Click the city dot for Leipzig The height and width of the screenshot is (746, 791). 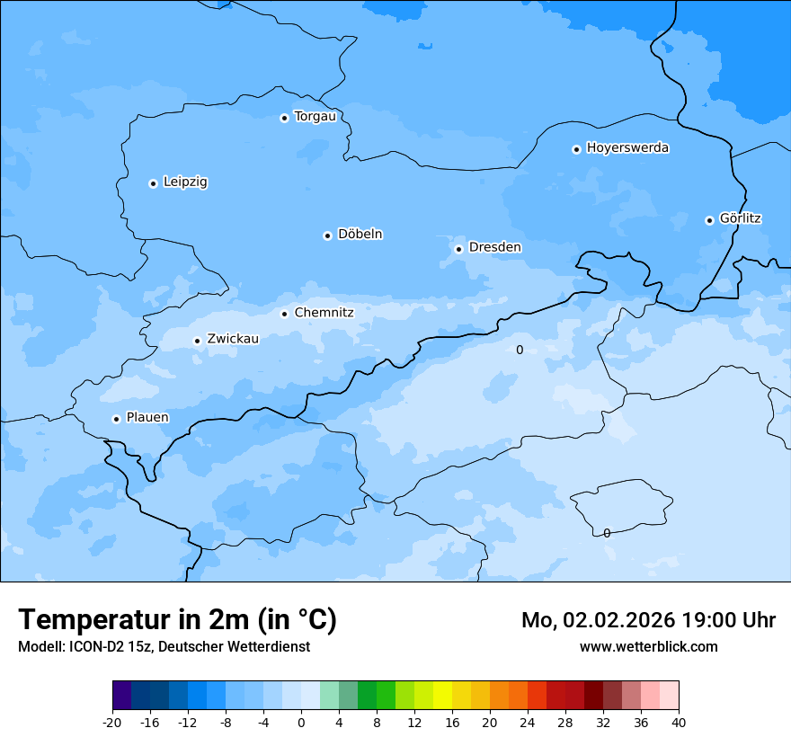click(153, 183)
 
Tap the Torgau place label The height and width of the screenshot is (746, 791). click(315, 117)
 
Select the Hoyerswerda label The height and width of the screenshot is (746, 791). click(627, 148)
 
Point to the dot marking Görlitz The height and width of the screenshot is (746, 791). click(709, 220)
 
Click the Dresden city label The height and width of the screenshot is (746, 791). click(494, 247)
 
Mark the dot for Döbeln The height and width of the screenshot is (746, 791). click(327, 235)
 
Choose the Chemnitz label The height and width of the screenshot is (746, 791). click(324, 313)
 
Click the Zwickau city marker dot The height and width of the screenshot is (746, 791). click(197, 341)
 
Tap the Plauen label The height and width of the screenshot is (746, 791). click(147, 418)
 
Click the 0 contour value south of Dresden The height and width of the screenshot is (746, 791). click(520, 350)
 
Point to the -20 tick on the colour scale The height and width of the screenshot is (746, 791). click(112, 722)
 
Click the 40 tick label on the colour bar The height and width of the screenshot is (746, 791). click(679, 722)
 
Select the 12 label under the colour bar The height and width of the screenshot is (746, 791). click(414, 722)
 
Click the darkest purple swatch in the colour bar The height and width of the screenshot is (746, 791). click(121, 696)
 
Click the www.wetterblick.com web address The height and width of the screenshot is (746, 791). click(649, 647)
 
